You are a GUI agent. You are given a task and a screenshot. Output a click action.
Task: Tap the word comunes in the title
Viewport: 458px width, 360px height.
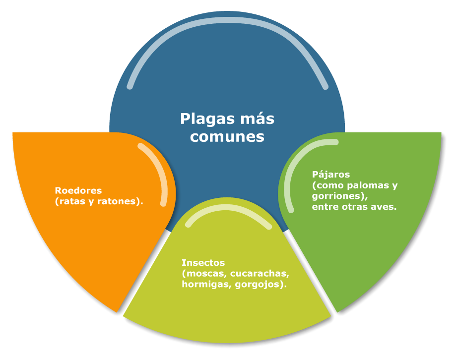click(227, 137)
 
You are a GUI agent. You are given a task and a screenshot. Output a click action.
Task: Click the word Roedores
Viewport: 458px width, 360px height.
click(78, 190)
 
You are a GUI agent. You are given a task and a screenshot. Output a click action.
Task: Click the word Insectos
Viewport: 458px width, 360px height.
click(203, 263)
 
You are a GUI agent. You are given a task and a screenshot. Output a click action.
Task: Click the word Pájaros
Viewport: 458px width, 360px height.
click(331, 175)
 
